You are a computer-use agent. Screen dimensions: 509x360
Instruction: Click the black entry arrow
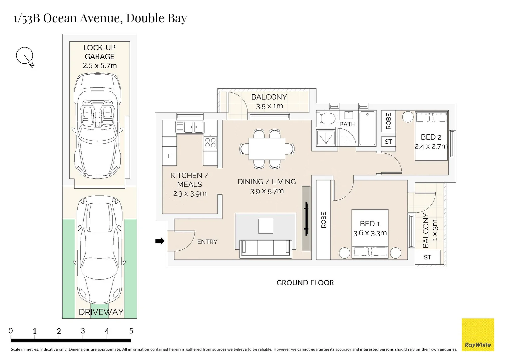tap(160, 241)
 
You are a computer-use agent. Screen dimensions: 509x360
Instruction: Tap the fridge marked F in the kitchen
tap(169, 156)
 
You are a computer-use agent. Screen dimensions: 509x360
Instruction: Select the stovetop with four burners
tap(210, 143)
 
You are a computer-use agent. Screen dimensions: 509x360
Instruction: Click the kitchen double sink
tap(190, 127)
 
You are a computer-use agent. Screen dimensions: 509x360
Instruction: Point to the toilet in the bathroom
tap(326, 118)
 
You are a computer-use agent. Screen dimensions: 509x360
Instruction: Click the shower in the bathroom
tap(326, 138)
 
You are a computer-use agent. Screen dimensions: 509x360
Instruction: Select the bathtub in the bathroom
tap(367, 128)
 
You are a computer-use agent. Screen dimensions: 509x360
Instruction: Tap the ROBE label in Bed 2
tap(388, 121)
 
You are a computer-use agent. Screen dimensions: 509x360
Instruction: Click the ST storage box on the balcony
tap(427, 257)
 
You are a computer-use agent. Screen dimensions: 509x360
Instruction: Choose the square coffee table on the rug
tap(265, 226)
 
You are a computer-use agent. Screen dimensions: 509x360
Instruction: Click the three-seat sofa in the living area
tap(265, 249)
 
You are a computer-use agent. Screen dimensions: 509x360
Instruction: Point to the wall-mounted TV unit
tap(306, 219)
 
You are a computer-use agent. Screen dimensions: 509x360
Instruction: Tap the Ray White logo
tap(478, 334)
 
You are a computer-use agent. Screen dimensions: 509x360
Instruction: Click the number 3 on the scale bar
tap(83, 331)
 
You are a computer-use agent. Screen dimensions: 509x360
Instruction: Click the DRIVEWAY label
tap(101, 312)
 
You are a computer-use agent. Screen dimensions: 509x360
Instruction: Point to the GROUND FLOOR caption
tap(305, 283)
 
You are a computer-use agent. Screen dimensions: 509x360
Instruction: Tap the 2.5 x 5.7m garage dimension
tap(100, 66)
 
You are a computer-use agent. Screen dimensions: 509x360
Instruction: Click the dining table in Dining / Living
tap(267, 149)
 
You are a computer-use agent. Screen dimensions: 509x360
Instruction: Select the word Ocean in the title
tap(60, 18)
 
